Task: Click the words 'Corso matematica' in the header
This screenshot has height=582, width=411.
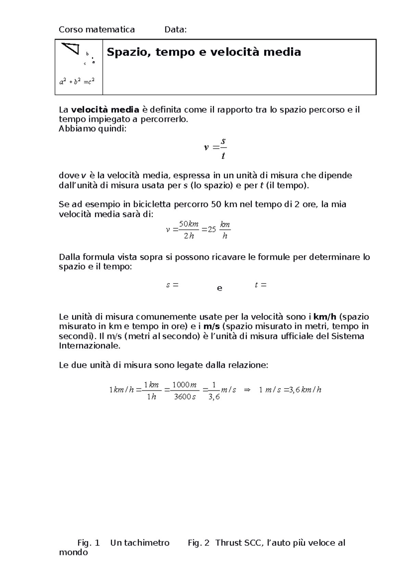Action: click(97, 30)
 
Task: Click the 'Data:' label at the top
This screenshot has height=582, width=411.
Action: click(175, 30)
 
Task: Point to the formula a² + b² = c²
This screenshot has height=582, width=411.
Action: click(77, 82)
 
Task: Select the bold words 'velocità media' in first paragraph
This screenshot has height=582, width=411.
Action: click(105, 110)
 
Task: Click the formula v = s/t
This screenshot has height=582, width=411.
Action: click(215, 148)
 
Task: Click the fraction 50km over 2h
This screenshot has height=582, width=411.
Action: click(189, 230)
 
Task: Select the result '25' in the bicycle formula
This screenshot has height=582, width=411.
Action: click(212, 230)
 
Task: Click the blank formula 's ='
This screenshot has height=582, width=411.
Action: click(172, 285)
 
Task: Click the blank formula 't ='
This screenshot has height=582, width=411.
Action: click(261, 285)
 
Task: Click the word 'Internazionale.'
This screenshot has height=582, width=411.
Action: click(90, 346)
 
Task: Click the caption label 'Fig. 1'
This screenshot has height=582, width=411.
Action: click(88, 543)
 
